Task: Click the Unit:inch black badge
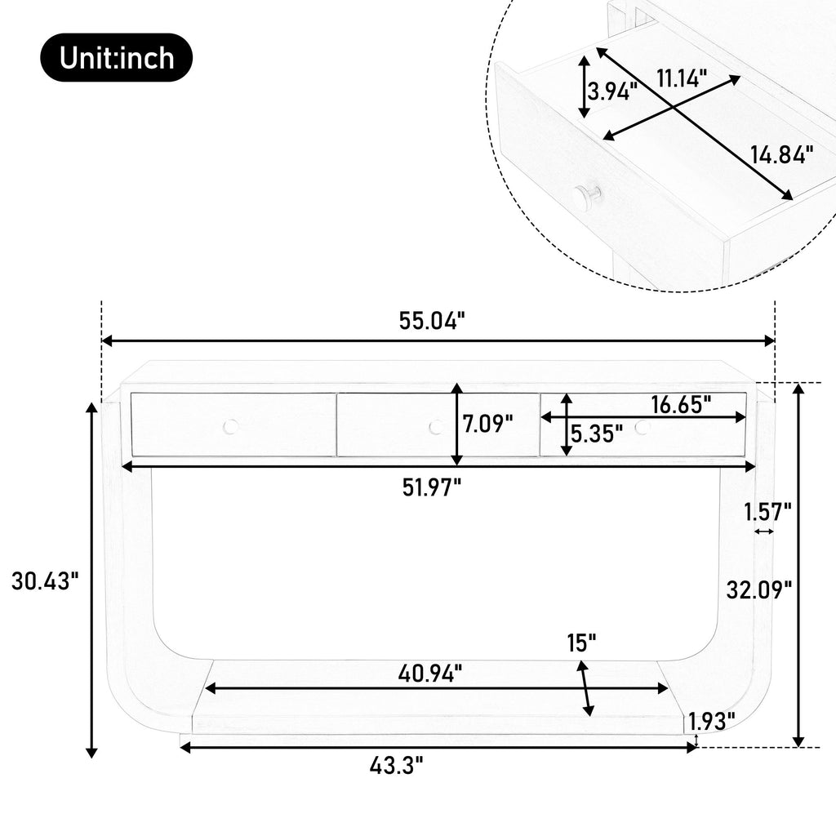(116, 58)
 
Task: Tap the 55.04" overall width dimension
(432, 322)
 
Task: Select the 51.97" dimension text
(431, 487)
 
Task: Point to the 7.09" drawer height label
(487, 425)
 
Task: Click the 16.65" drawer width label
(681, 405)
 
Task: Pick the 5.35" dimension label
(597, 434)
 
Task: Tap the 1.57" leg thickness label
(767, 513)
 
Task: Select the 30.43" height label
(45, 580)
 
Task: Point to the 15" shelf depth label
(581, 643)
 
